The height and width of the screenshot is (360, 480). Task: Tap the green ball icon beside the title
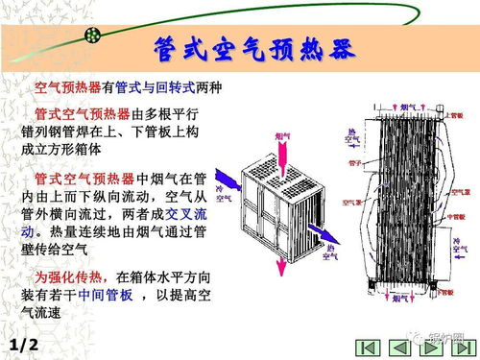pos(93,36)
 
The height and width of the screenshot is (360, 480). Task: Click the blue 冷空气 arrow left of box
pos(227,180)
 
